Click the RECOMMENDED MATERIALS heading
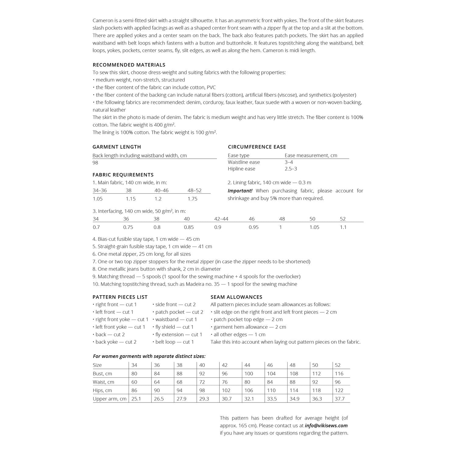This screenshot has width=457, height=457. [x=129, y=65]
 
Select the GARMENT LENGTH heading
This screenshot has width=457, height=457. [x=117, y=147]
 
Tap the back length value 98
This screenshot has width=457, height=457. [x=95, y=163]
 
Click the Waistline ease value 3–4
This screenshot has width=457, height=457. [x=289, y=162]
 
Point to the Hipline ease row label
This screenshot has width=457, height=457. [x=241, y=169]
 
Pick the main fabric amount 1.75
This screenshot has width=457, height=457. [x=193, y=199]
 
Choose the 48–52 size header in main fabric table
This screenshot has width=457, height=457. [x=194, y=190]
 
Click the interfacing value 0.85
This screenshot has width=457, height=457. [x=189, y=227]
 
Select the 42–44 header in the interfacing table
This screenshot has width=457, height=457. [x=221, y=219]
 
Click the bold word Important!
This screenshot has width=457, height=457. [x=240, y=191]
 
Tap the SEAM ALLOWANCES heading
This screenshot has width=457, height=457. [x=236, y=297]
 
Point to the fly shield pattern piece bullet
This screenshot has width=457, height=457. [x=173, y=327]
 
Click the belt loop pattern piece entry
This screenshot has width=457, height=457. [x=173, y=342]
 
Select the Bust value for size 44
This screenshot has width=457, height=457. [x=249, y=374]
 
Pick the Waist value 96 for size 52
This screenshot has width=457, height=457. [x=338, y=382]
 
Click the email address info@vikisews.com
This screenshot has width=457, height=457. [x=326, y=426]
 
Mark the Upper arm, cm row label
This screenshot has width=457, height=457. [x=110, y=399]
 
